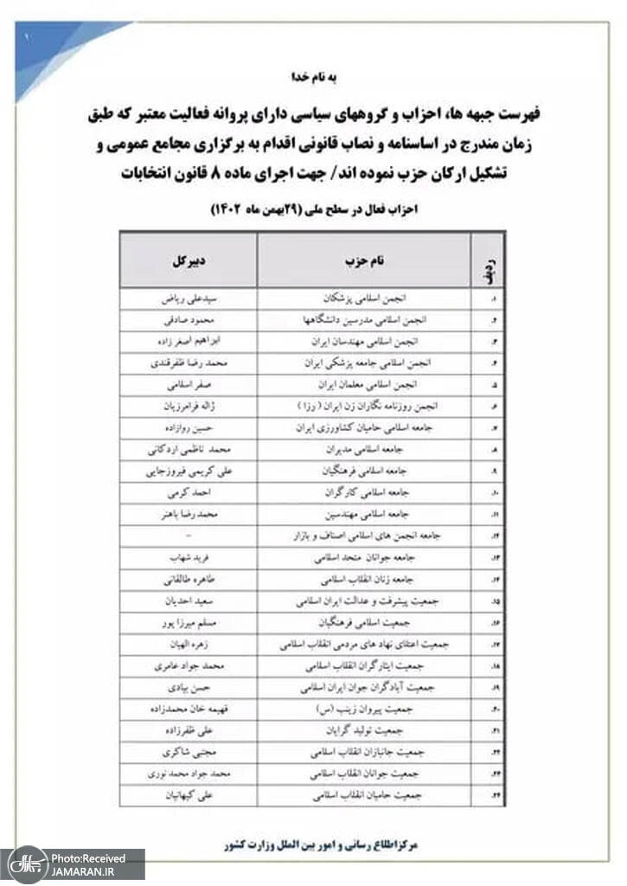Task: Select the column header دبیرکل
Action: click(188, 260)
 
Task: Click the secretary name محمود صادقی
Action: click(188, 320)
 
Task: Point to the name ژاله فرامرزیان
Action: click(188, 405)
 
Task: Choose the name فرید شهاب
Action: click(188, 557)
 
